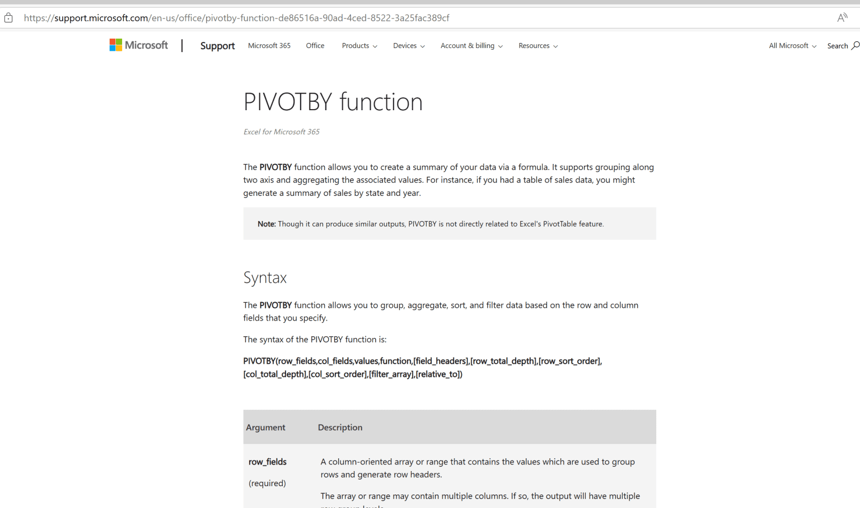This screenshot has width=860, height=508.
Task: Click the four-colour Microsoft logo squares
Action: pyautogui.click(x=116, y=45)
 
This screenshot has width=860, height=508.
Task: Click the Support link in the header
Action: pyautogui.click(x=217, y=46)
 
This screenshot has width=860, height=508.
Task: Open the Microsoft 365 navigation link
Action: pyautogui.click(x=269, y=46)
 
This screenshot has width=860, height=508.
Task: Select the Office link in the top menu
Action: pyautogui.click(x=315, y=46)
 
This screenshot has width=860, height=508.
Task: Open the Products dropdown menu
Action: pyautogui.click(x=359, y=46)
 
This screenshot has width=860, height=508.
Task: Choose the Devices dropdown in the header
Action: pyautogui.click(x=409, y=46)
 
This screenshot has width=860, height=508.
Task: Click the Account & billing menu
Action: pyautogui.click(x=471, y=46)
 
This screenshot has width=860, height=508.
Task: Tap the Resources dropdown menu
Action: pyautogui.click(x=538, y=46)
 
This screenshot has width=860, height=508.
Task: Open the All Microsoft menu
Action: pyautogui.click(x=792, y=46)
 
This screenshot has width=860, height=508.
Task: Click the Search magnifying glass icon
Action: pyautogui.click(x=856, y=45)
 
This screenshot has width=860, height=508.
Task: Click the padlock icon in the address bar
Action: pyautogui.click(x=8, y=18)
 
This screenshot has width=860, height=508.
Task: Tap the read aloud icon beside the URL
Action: pyautogui.click(x=842, y=18)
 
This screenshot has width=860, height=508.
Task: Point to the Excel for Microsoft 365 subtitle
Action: pyautogui.click(x=281, y=132)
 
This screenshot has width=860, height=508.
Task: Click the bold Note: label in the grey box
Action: pyautogui.click(x=267, y=224)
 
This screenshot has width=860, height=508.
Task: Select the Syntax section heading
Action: pyautogui.click(x=265, y=277)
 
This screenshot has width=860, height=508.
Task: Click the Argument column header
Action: pyautogui.click(x=265, y=427)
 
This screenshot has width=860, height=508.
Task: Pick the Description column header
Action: pyautogui.click(x=340, y=427)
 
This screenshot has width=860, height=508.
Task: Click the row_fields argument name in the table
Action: pyautogui.click(x=268, y=462)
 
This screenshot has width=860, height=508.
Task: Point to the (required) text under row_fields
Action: pyautogui.click(x=267, y=483)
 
